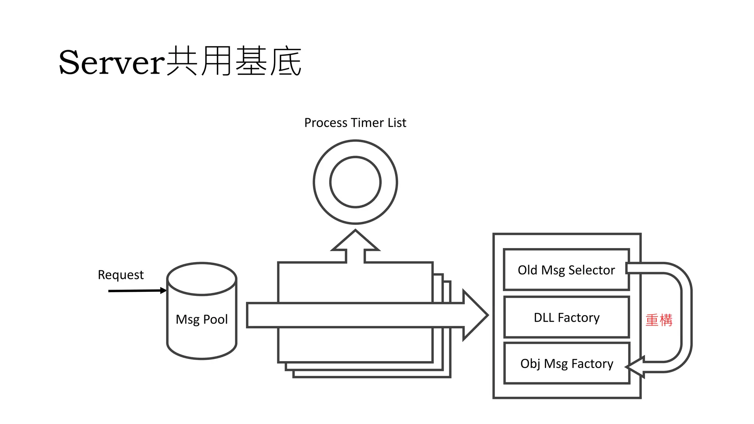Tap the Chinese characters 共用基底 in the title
click(x=234, y=61)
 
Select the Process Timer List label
click(x=355, y=123)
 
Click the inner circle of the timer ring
click(x=355, y=182)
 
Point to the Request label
click(x=120, y=275)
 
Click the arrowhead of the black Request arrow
click(x=164, y=290)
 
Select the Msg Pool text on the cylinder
click(x=201, y=319)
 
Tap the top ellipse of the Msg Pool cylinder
click(x=201, y=279)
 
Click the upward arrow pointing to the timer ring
click(x=355, y=245)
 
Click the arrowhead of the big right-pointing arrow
click(x=475, y=315)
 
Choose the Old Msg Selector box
click(x=566, y=270)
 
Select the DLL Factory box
click(x=566, y=317)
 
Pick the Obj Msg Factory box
click(x=566, y=364)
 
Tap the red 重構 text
click(x=659, y=320)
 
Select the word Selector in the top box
click(x=592, y=270)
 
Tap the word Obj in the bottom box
click(x=530, y=364)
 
